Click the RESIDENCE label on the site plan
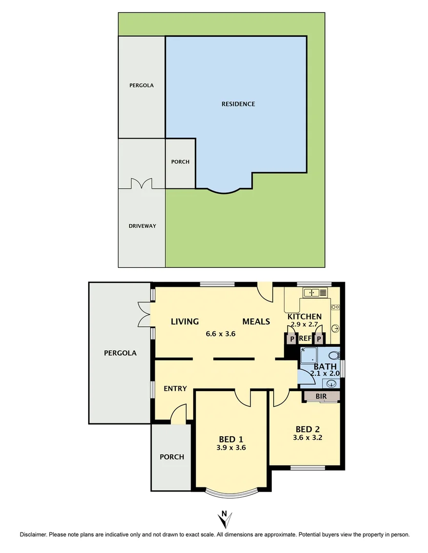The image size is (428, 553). pyautogui.click(x=238, y=104)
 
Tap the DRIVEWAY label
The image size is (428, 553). pyautogui.click(x=142, y=226)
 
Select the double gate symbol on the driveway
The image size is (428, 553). pyautogui.click(x=141, y=184)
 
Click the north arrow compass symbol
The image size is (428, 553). pyautogui.click(x=224, y=519)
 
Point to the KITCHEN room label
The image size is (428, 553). pyautogui.click(x=304, y=316)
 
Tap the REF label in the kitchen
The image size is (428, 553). pyautogui.click(x=305, y=338)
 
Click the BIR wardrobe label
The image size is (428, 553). pyautogui.click(x=321, y=396)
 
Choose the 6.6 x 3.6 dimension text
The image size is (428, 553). pyautogui.click(x=220, y=333)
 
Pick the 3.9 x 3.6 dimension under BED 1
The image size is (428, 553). pyautogui.click(x=232, y=448)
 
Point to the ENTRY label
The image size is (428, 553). pyautogui.click(x=175, y=389)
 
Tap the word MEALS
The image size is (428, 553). pyautogui.click(x=256, y=322)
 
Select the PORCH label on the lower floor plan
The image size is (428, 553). pyautogui.click(x=172, y=457)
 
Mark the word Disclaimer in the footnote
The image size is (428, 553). pyautogui.click(x=33, y=535)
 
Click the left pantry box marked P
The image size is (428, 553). pyautogui.click(x=292, y=338)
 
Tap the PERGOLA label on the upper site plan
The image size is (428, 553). pyautogui.click(x=141, y=86)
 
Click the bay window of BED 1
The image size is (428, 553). pyautogui.click(x=232, y=493)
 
